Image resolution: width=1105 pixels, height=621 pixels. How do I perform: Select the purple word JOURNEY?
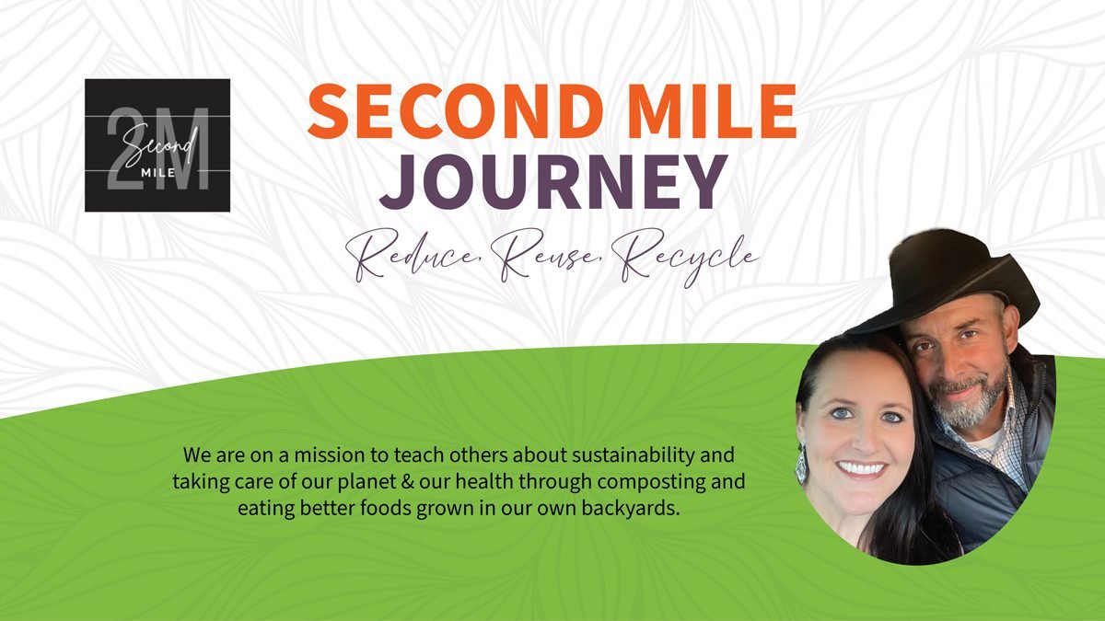[553, 181]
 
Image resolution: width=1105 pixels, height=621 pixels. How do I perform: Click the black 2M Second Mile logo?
[157, 145]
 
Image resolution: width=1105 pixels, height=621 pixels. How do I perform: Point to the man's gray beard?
[967, 405]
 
